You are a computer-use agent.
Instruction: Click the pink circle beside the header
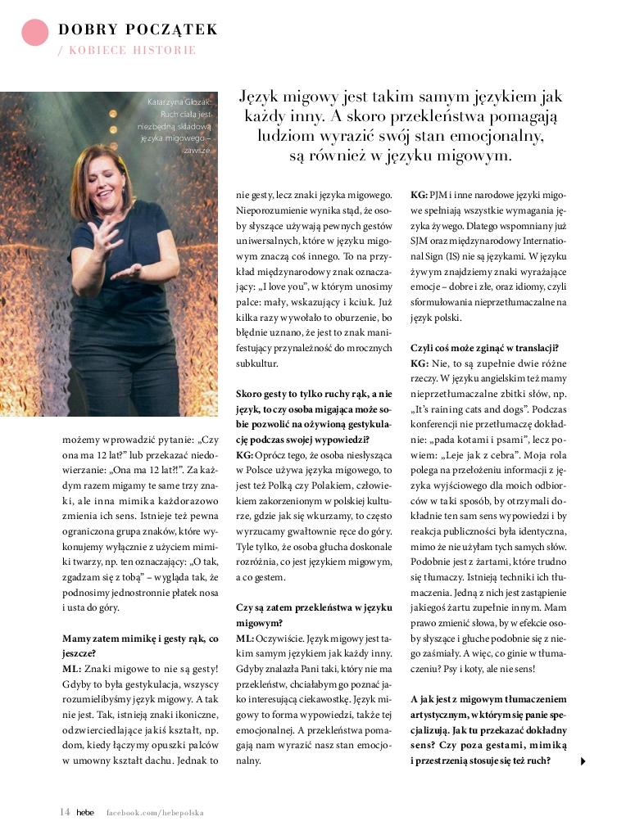coord(35,31)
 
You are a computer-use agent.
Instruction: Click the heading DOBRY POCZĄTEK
coord(138,30)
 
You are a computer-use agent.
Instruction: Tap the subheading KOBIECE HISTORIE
coord(132,51)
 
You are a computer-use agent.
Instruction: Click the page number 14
coord(65,812)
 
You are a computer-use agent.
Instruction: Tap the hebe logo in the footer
coord(85,812)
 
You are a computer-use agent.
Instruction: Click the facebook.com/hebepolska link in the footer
coord(155,813)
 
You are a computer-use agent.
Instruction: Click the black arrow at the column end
coord(583,761)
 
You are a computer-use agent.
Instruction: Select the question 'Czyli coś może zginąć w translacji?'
coord(484,348)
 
